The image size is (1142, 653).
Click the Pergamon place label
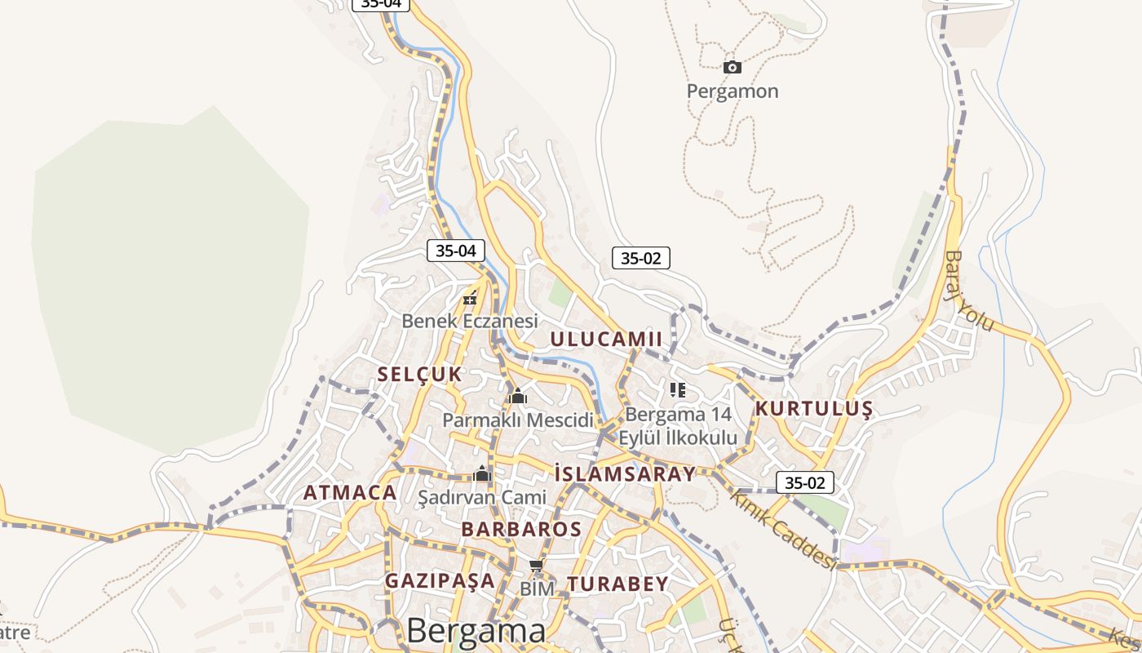tap(732, 91)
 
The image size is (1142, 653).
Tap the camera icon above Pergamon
tap(732, 67)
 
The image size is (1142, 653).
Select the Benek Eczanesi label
tap(470, 321)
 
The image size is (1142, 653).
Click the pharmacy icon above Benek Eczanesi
tap(470, 298)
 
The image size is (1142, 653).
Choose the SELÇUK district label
tap(419, 375)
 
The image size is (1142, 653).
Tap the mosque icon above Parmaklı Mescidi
tap(517, 398)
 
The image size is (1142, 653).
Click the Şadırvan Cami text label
tap(481, 496)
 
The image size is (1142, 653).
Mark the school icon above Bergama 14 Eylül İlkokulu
tap(677, 390)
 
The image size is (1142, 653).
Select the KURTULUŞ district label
tap(814, 409)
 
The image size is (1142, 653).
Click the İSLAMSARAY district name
tap(625, 473)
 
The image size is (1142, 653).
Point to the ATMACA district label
tap(350, 493)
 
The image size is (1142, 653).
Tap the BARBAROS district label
tap(521, 529)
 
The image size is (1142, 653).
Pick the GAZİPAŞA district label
tap(440, 580)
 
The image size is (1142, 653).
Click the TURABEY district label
tap(617, 584)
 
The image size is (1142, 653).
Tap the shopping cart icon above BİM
tap(536, 566)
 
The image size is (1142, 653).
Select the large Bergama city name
tap(476, 631)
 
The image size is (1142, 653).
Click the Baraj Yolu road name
tap(969, 291)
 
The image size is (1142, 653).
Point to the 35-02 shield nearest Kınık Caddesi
tap(804, 482)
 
